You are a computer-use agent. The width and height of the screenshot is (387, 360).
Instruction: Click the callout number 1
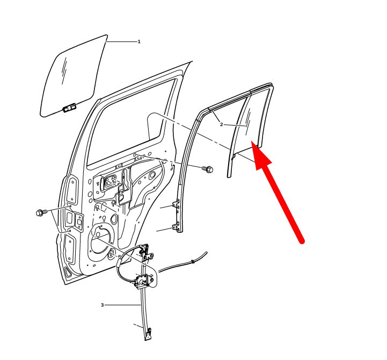(139, 41)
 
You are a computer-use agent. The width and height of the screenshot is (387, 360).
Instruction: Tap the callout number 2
(221, 124)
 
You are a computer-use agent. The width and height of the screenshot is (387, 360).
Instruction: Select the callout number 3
(103, 305)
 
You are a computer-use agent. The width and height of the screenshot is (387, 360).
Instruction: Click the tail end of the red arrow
(302, 241)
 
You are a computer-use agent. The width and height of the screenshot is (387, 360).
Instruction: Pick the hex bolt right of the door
(208, 169)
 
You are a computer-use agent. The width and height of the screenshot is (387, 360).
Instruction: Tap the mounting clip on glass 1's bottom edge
(70, 108)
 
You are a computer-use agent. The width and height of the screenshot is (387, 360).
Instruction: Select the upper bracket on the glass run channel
(176, 205)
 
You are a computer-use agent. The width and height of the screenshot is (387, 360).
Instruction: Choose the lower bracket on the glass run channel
(176, 227)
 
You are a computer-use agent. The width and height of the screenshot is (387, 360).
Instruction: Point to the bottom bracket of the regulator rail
(149, 334)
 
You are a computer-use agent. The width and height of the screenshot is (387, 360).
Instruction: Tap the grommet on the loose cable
(193, 261)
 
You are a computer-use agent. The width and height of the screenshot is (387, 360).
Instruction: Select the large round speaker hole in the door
(101, 240)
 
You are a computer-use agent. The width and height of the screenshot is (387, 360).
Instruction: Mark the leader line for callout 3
(122, 305)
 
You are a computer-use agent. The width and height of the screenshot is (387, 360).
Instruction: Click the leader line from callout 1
(121, 42)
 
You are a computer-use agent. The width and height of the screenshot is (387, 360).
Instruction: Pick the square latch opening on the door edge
(79, 222)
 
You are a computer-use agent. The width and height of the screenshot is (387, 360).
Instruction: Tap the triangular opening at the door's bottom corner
(67, 271)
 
